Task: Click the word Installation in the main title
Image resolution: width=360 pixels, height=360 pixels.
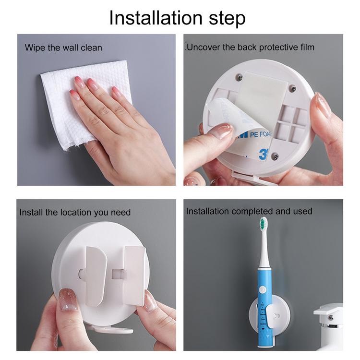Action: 156,18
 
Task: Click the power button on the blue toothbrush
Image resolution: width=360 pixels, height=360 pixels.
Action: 263,290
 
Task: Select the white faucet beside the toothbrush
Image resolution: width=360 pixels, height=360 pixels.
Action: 329,326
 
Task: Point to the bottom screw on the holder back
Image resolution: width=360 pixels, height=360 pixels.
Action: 276,156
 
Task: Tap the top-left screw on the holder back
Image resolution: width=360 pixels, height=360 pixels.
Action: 240,77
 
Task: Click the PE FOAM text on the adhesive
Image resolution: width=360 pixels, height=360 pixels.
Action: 260,134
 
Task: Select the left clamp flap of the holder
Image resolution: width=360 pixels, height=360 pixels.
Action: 96,276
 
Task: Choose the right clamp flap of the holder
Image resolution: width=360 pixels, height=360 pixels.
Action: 135,276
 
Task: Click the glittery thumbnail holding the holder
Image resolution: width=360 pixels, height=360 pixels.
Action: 67,300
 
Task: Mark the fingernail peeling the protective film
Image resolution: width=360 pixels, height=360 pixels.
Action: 221,131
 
